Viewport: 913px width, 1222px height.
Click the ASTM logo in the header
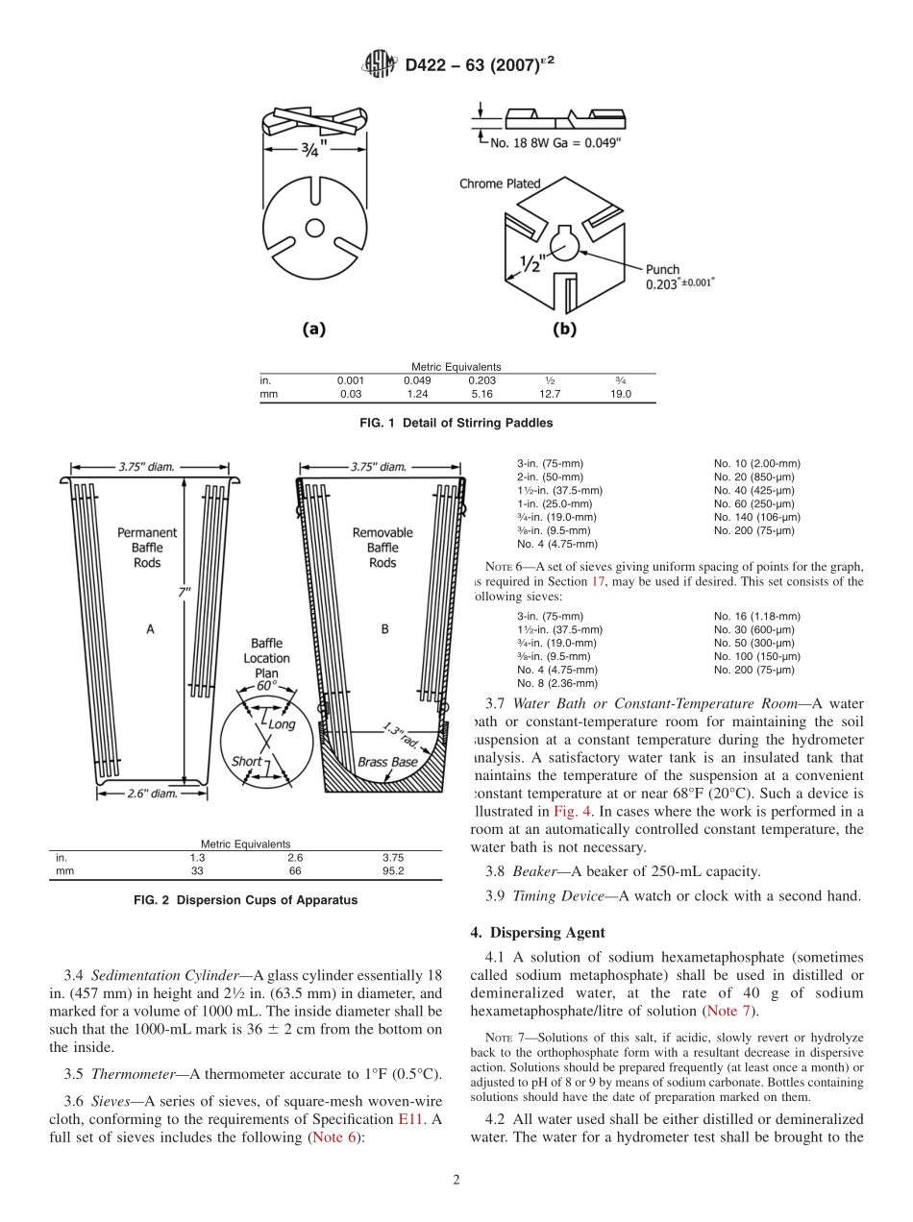point(377,65)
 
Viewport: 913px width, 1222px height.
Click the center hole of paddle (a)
point(313,228)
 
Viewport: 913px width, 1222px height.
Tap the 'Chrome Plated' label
point(500,183)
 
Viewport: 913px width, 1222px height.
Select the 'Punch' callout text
point(662,270)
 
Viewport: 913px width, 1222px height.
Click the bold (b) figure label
point(564,329)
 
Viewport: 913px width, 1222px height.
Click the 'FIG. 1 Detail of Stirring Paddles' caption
point(456,423)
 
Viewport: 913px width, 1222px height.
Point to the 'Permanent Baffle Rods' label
point(147,547)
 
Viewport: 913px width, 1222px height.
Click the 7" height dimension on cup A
point(183,593)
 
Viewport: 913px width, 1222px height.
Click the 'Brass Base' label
point(386,762)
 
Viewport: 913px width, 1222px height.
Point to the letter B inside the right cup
point(384,629)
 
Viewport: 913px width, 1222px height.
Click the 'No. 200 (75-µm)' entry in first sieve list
point(754,530)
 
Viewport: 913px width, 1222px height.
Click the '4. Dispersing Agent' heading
point(537,932)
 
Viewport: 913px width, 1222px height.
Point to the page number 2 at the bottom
point(456,1181)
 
